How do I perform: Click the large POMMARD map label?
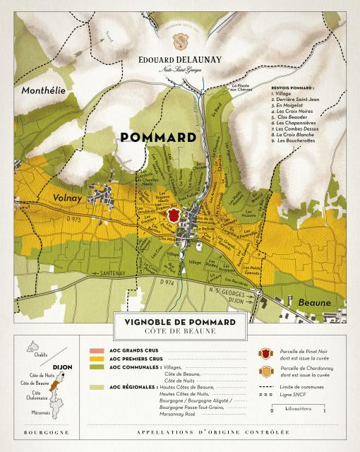158,136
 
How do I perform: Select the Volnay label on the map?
65,199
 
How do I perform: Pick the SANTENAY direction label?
112,273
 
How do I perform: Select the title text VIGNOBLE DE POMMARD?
180,322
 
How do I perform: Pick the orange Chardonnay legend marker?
266,370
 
